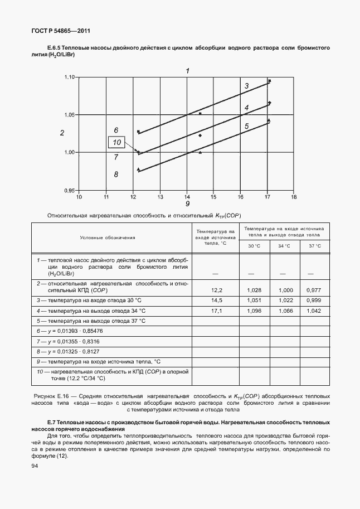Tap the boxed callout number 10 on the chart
pyautogui.click(x=117, y=143)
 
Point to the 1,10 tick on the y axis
pyautogui.click(x=70, y=77)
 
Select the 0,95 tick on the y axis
pyautogui.click(x=70, y=191)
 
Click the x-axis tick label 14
pyautogui.click(x=187, y=197)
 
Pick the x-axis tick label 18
pyautogui.click(x=294, y=197)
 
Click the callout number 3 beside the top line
pyautogui.click(x=246, y=86)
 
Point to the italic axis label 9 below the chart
pyautogui.click(x=187, y=204)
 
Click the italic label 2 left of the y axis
pyautogui.click(x=62, y=133)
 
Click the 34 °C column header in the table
pyautogui.click(x=285, y=246)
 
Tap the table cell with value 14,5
pyautogui.click(x=217, y=300)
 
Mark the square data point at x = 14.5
pyautogui.click(x=200, y=114)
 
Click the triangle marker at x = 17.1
pyautogui.click(x=269, y=120)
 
